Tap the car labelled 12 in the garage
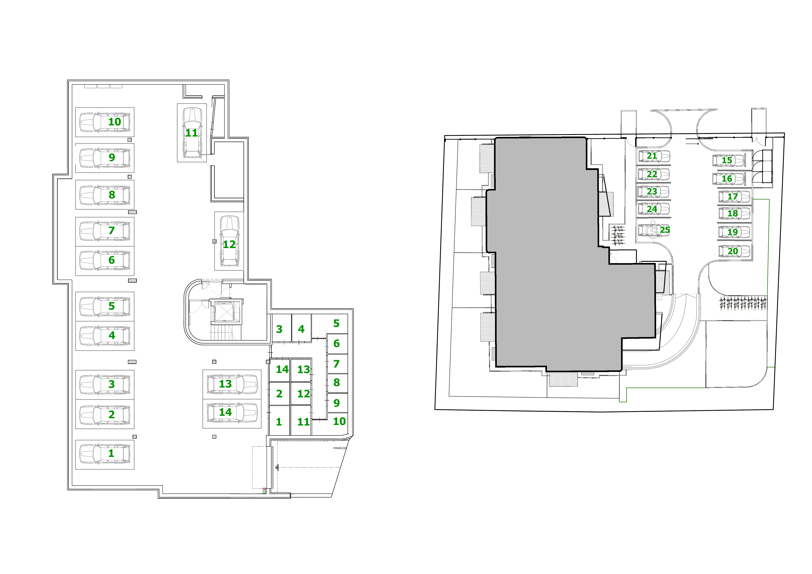pyautogui.click(x=229, y=241)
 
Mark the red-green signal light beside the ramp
pyautogui.click(x=264, y=491)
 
